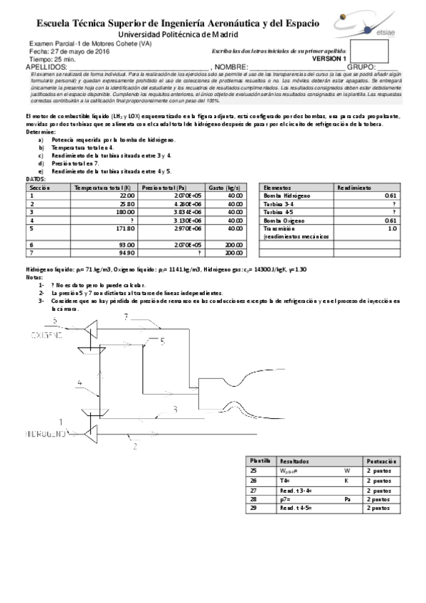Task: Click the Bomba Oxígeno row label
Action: pyautogui.click(x=285, y=220)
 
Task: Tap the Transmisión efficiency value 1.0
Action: pyautogui.click(x=392, y=229)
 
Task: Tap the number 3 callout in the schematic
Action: pyautogui.click(x=174, y=409)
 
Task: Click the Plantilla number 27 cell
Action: pyautogui.click(x=253, y=490)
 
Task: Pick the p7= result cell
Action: pyautogui.click(x=313, y=500)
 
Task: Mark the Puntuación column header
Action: pyautogui.click(x=381, y=461)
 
